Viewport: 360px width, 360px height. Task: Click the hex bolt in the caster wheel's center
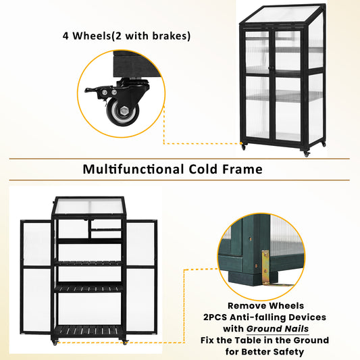124,111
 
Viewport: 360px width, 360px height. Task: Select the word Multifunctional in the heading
133,170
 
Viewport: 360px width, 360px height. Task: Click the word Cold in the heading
203,170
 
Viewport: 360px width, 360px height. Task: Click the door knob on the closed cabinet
271,68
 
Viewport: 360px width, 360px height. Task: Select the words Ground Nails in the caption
278,329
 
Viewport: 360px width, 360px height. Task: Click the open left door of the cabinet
36,277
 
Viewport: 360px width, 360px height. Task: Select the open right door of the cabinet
141,277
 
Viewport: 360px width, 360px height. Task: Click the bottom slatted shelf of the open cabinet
88,330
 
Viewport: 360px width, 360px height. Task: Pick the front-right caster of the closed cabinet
306,154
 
